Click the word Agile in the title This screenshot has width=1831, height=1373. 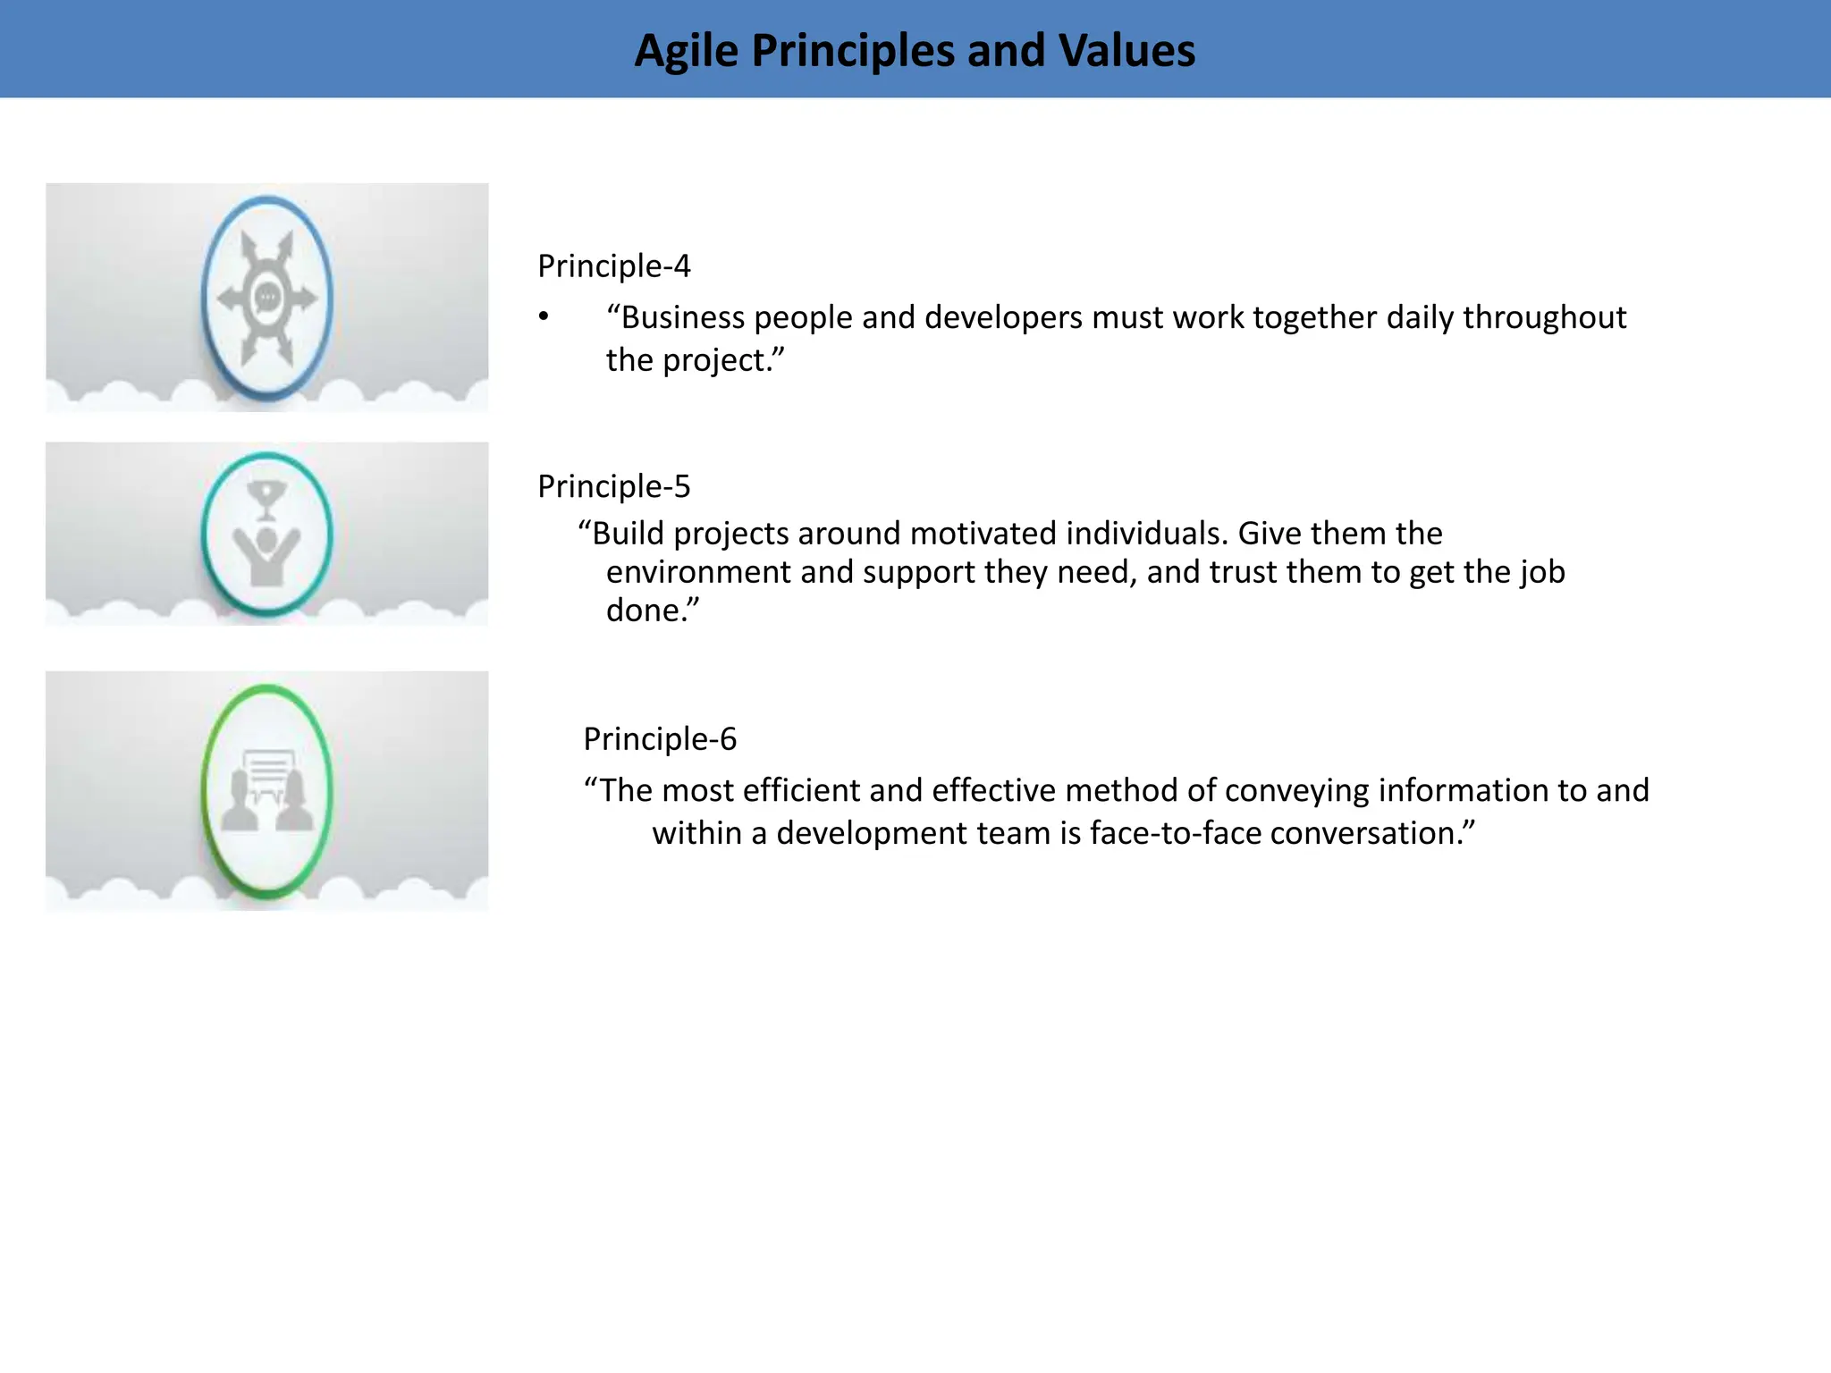click(686, 51)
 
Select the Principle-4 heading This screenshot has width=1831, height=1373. click(613, 265)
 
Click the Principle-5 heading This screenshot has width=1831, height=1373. click(613, 486)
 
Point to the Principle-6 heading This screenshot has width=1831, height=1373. click(660, 739)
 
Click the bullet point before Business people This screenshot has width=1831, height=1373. click(543, 317)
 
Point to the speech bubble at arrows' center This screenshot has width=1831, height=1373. click(267, 297)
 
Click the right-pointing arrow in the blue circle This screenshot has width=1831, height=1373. click(302, 298)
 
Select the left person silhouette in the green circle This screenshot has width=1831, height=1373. click(240, 802)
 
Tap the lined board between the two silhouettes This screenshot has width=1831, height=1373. click(268, 770)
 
